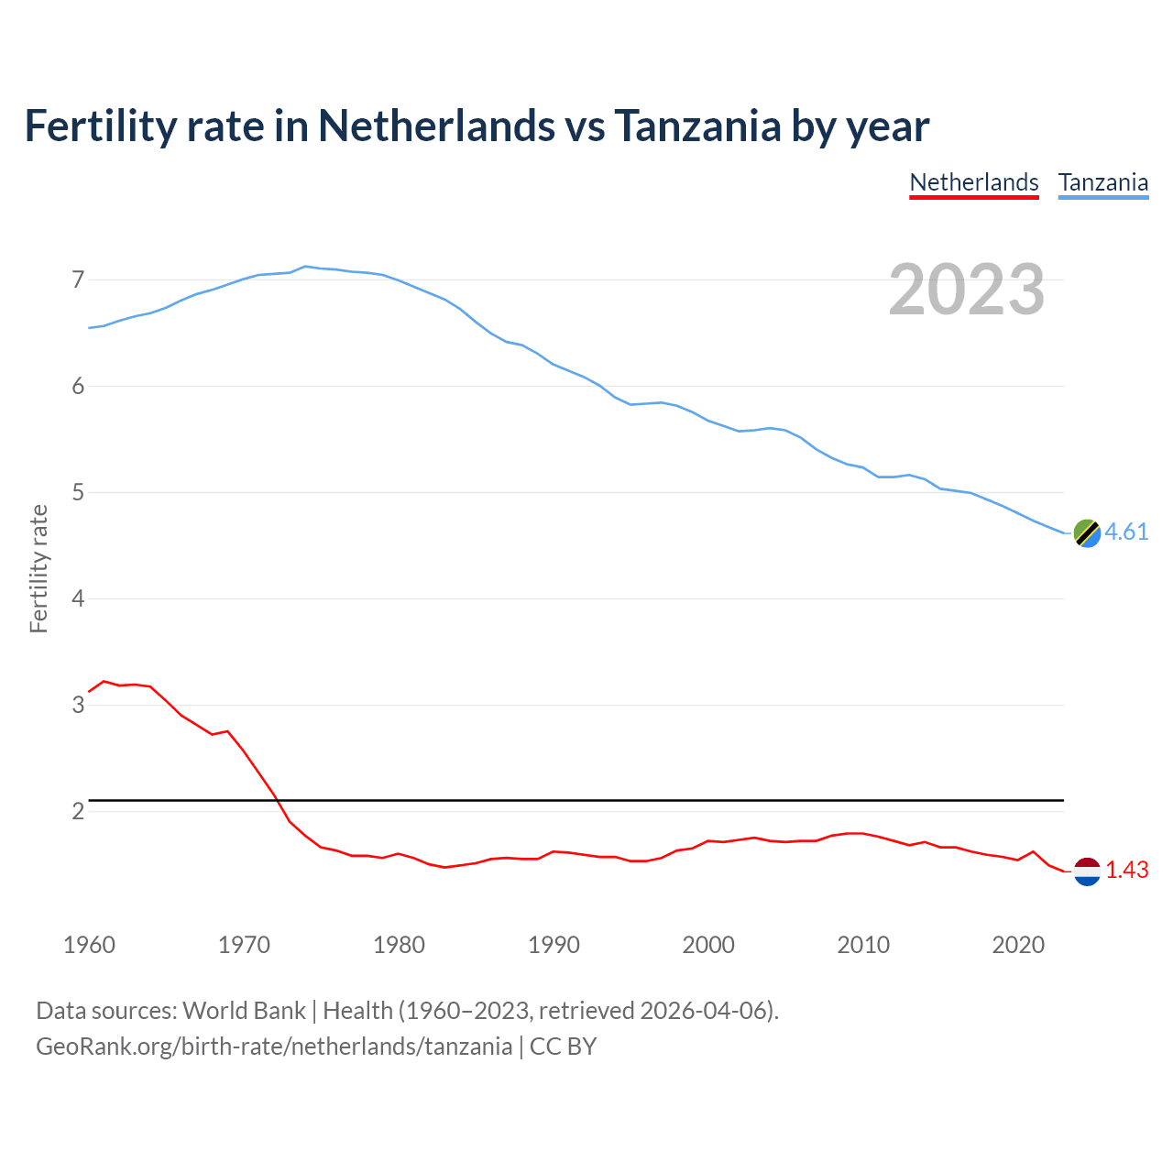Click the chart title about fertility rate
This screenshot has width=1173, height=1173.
(477, 126)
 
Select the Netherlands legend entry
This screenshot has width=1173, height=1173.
(973, 182)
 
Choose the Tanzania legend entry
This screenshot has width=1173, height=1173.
(1102, 182)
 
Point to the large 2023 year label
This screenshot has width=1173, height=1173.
(967, 290)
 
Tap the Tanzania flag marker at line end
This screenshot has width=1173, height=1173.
(1087, 532)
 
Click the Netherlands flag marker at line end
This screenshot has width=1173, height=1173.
(1087, 871)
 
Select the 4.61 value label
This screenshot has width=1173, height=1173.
(1126, 532)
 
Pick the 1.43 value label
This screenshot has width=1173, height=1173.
(1126, 871)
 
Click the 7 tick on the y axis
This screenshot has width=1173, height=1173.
(78, 280)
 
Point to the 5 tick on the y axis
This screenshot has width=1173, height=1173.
(78, 493)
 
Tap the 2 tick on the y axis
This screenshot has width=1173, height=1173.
(78, 812)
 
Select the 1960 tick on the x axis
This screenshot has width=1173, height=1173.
(89, 945)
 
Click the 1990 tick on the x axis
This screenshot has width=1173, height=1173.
(554, 945)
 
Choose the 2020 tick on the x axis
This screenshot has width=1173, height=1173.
(1018, 945)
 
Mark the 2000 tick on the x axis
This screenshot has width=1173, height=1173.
(708, 945)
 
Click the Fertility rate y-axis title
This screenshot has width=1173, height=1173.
(38, 568)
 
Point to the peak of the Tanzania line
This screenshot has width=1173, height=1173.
(305, 266)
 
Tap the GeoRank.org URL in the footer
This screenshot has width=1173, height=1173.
(274, 1047)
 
